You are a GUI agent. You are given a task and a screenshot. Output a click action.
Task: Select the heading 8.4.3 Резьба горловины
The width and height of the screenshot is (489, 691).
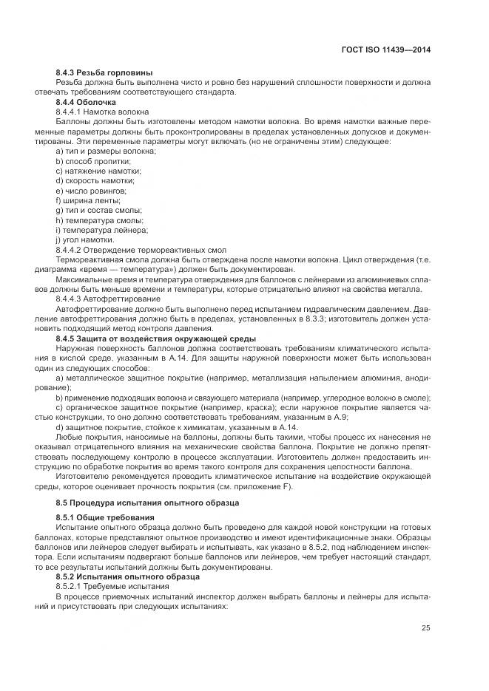(x=104, y=72)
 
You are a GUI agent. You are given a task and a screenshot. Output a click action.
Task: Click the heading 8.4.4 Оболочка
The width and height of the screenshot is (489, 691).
(x=87, y=101)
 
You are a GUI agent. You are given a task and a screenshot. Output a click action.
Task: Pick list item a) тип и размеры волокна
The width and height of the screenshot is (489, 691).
(x=106, y=151)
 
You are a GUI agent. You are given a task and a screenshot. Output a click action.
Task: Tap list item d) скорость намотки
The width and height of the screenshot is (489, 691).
(x=95, y=180)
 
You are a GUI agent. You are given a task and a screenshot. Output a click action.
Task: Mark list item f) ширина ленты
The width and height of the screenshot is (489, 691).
(x=88, y=200)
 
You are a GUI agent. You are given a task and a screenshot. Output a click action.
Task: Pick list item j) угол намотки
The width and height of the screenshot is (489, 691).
(x=85, y=239)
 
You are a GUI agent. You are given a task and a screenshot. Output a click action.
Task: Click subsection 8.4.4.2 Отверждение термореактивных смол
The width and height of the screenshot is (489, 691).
(x=141, y=250)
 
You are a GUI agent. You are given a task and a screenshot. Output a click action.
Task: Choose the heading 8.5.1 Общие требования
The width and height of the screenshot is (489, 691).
(x=104, y=517)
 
